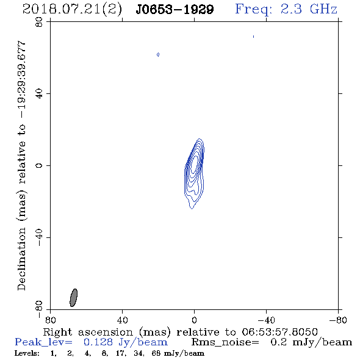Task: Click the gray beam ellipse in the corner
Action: click(x=73, y=298)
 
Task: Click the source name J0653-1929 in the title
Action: click(x=175, y=10)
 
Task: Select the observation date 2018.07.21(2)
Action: click(x=72, y=10)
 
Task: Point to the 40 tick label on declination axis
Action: click(x=39, y=94)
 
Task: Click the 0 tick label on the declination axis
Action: click(x=39, y=165)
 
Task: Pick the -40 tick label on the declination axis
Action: click(x=39, y=237)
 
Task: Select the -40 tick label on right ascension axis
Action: click(x=266, y=320)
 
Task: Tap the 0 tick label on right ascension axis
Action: click(x=194, y=320)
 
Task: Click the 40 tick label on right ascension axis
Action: click(x=122, y=320)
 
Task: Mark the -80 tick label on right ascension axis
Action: click(x=338, y=320)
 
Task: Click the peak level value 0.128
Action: click(x=98, y=342)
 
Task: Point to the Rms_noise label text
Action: click(x=225, y=342)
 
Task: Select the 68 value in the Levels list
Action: click(x=156, y=353)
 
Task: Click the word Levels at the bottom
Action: click(x=27, y=353)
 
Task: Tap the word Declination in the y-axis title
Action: click(x=21, y=259)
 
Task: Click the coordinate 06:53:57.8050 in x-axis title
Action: click(x=279, y=332)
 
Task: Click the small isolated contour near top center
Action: click(x=158, y=54)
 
